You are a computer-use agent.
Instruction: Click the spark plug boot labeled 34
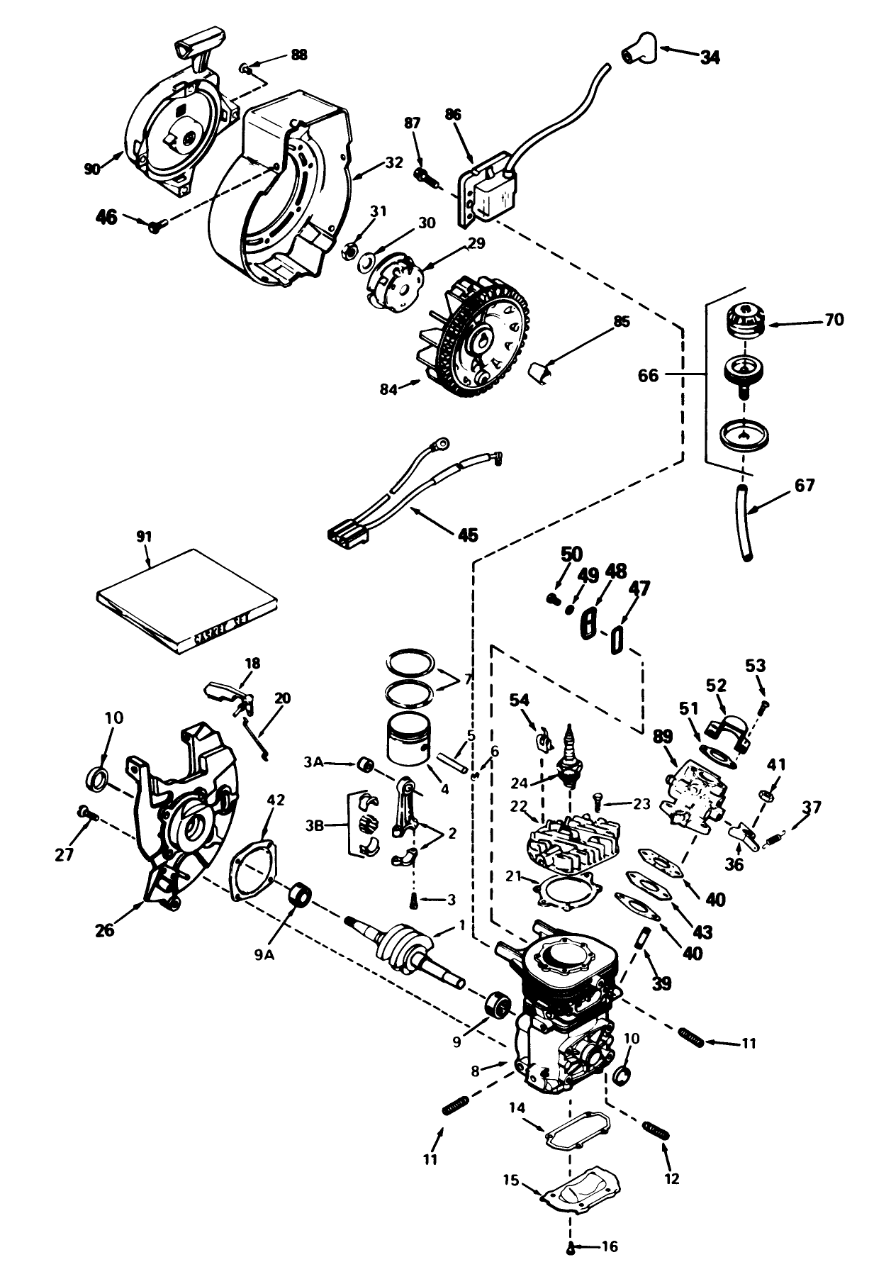(637, 48)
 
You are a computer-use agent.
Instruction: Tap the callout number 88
(299, 55)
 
